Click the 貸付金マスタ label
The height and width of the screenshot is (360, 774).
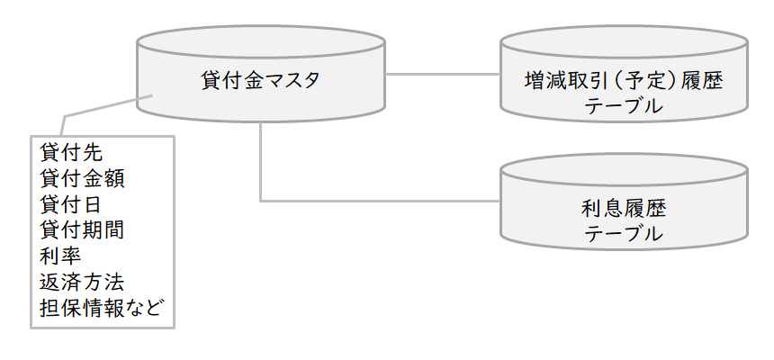(x=260, y=80)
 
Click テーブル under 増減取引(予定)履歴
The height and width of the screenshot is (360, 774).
(x=624, y=106)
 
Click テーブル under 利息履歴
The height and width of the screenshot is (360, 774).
(x=624, y=235)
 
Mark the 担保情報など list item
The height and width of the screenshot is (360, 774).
(x=103, y=307)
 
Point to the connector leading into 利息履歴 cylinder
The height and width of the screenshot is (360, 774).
(x=378, y=200)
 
